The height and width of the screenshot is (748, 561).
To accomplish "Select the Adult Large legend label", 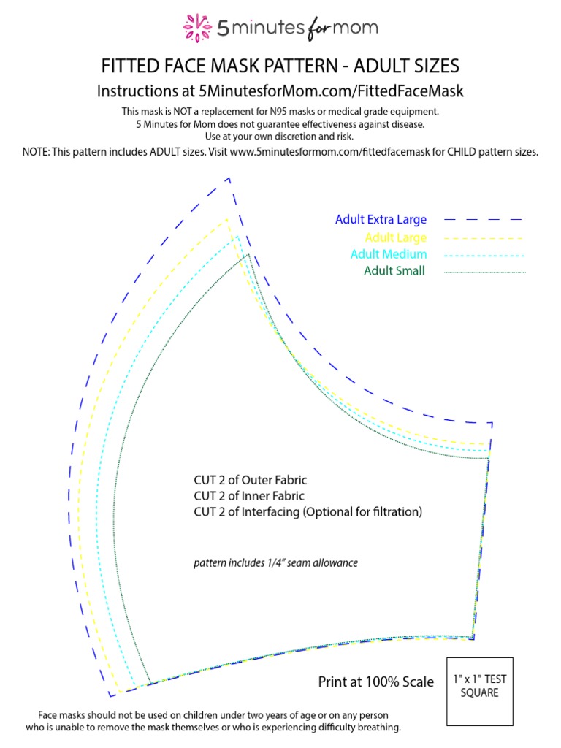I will point(395,237).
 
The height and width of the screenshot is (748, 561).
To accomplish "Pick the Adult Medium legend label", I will point(389,254).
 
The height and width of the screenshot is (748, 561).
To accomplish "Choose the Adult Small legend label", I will point(394,271).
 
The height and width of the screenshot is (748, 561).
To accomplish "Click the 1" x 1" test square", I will point(479,690).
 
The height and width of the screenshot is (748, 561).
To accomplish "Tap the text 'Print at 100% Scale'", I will point(375,682).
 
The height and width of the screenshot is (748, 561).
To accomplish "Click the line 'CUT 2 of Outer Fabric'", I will point(251,480).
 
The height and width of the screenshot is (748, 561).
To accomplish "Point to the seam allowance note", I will point(275,563).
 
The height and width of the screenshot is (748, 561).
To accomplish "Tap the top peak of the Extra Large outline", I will point(229,178).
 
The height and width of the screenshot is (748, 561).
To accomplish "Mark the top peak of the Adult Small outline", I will point(248,254).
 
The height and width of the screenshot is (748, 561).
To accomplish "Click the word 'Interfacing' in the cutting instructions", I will point(267,512).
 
